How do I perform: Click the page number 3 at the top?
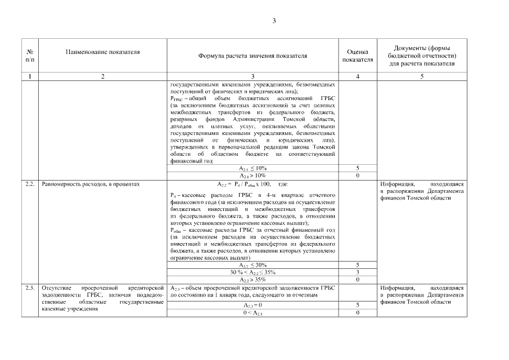coord(274,21)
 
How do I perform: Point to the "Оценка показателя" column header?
coord(358,56)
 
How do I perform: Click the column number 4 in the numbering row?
coord(358,76)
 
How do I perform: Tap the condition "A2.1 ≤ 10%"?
coord(253,168)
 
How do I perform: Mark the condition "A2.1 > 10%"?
coord(253,175)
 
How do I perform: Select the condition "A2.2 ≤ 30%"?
coord(253,265)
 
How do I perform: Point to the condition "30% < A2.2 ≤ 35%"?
coord(253,272)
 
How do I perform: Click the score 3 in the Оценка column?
coord(358,272)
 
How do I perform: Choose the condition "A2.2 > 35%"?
coord(253,280)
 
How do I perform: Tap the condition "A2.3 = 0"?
coord(253,305)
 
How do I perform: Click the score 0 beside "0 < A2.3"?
coord(358,313)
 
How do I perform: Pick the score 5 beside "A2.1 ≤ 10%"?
coord(358,168)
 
